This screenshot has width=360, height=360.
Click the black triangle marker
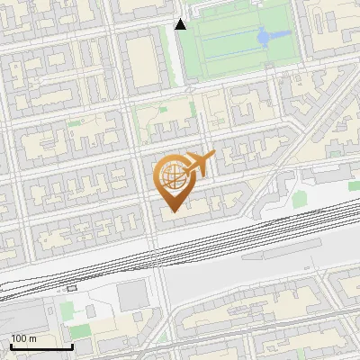coord(181,24)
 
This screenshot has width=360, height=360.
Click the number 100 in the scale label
coord(19,338)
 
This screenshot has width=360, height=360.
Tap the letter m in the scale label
coord(32,338)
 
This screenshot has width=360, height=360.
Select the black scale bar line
coord(40,346)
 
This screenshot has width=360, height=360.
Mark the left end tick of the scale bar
coord(10,345)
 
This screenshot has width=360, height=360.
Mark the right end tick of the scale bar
coord(72,345)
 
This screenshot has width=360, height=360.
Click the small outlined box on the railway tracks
coord(72,289)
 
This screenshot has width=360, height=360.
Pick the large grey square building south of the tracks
coord(133,294)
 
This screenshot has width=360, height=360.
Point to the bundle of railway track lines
coord(225,236)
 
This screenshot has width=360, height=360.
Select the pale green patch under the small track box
coord(67,310)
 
